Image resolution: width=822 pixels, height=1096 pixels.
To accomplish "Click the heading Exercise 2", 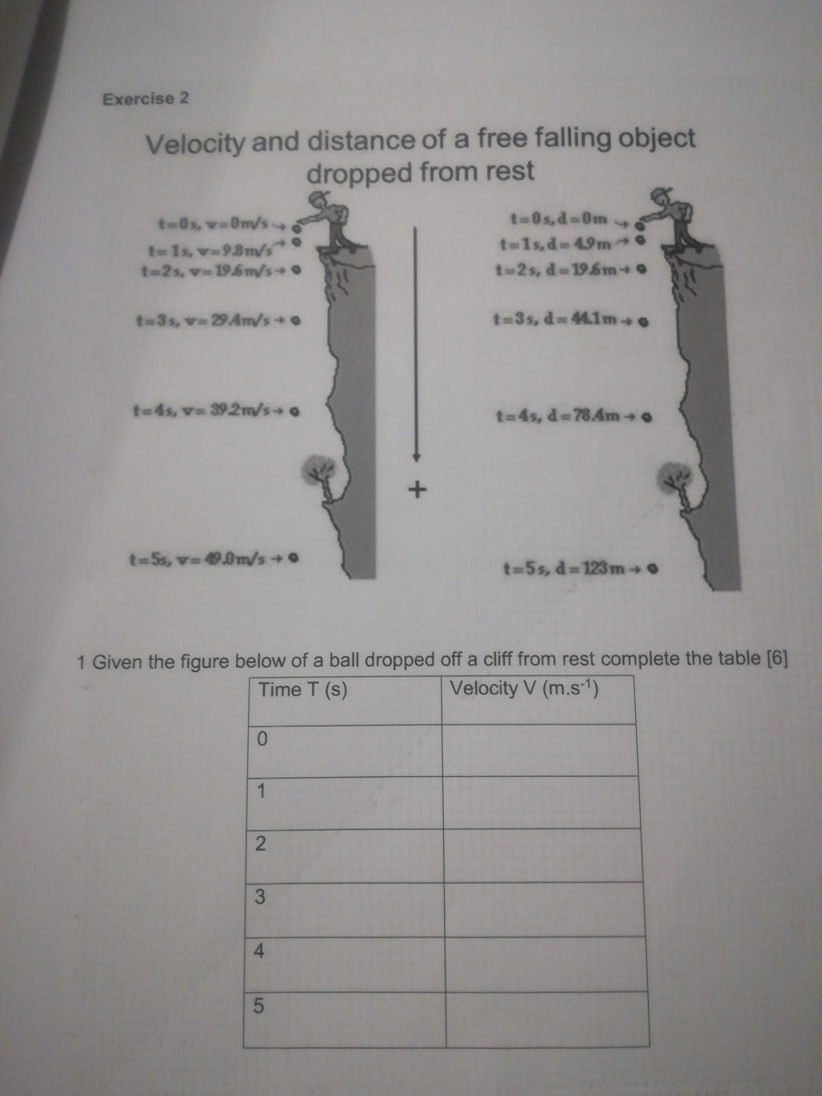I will click(145, 99).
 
